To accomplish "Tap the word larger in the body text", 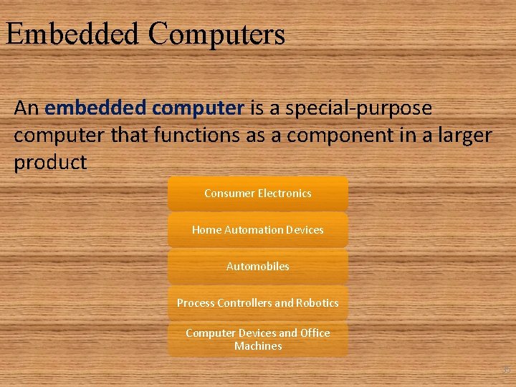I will click(459, 135).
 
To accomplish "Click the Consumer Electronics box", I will click(258, 193).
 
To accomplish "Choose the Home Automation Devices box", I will click(258, 230).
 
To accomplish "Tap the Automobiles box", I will click(258, 267).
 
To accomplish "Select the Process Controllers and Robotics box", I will click(258, 303).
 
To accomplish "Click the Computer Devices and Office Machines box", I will click(258, 339).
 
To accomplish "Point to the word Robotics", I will click(317, 303).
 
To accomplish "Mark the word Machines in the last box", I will click(258, 346).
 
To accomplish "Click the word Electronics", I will click(285, 193).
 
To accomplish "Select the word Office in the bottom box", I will click(315, 333).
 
